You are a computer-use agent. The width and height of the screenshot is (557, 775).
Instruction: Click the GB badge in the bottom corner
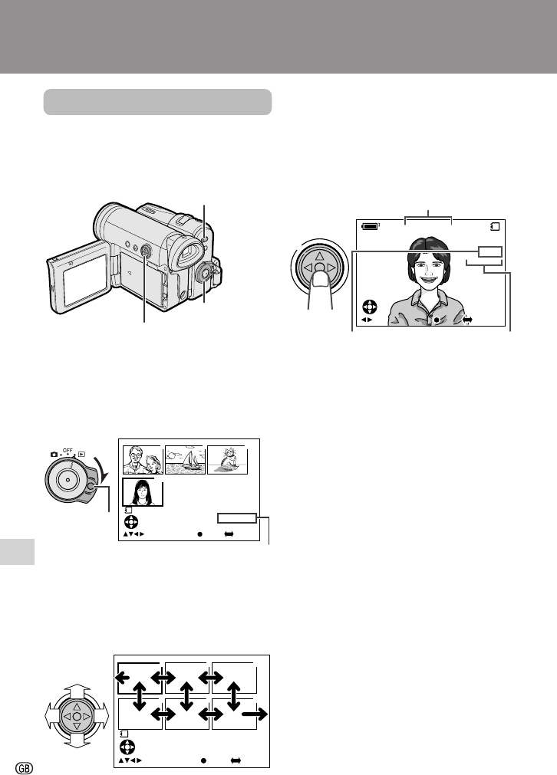25,767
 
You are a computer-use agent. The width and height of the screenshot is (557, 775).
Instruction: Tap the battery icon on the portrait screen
370,226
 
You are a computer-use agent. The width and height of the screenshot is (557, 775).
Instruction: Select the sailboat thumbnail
185,460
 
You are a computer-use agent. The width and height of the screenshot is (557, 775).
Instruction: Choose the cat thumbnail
227,460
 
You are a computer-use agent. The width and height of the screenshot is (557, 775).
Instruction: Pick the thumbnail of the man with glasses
143,460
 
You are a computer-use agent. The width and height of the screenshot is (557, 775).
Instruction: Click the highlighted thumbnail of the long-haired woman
143,492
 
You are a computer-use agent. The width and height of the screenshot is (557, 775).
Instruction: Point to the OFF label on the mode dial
68,451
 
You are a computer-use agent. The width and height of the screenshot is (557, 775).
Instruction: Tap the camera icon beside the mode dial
54,455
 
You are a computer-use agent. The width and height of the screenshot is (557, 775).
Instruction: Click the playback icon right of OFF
81,454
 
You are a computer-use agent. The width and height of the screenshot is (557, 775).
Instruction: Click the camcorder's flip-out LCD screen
85,279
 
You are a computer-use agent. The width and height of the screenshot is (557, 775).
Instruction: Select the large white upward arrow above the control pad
77,690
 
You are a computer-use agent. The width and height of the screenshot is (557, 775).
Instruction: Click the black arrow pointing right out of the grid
254,714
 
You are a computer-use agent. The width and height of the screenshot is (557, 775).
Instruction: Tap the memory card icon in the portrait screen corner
495,226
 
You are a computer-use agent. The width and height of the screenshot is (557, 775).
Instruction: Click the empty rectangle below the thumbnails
237,518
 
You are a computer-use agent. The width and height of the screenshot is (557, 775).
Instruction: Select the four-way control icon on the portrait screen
370,307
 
